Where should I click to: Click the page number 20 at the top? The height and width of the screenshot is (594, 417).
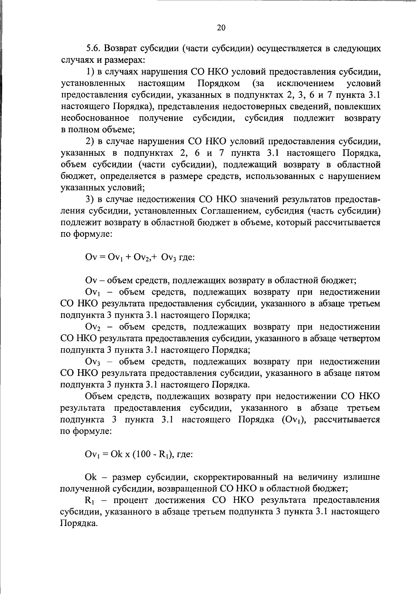pos(221,28)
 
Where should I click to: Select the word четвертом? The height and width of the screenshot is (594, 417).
pos(359,338)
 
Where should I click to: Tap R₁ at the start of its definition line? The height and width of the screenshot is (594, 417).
pos(90,501)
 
